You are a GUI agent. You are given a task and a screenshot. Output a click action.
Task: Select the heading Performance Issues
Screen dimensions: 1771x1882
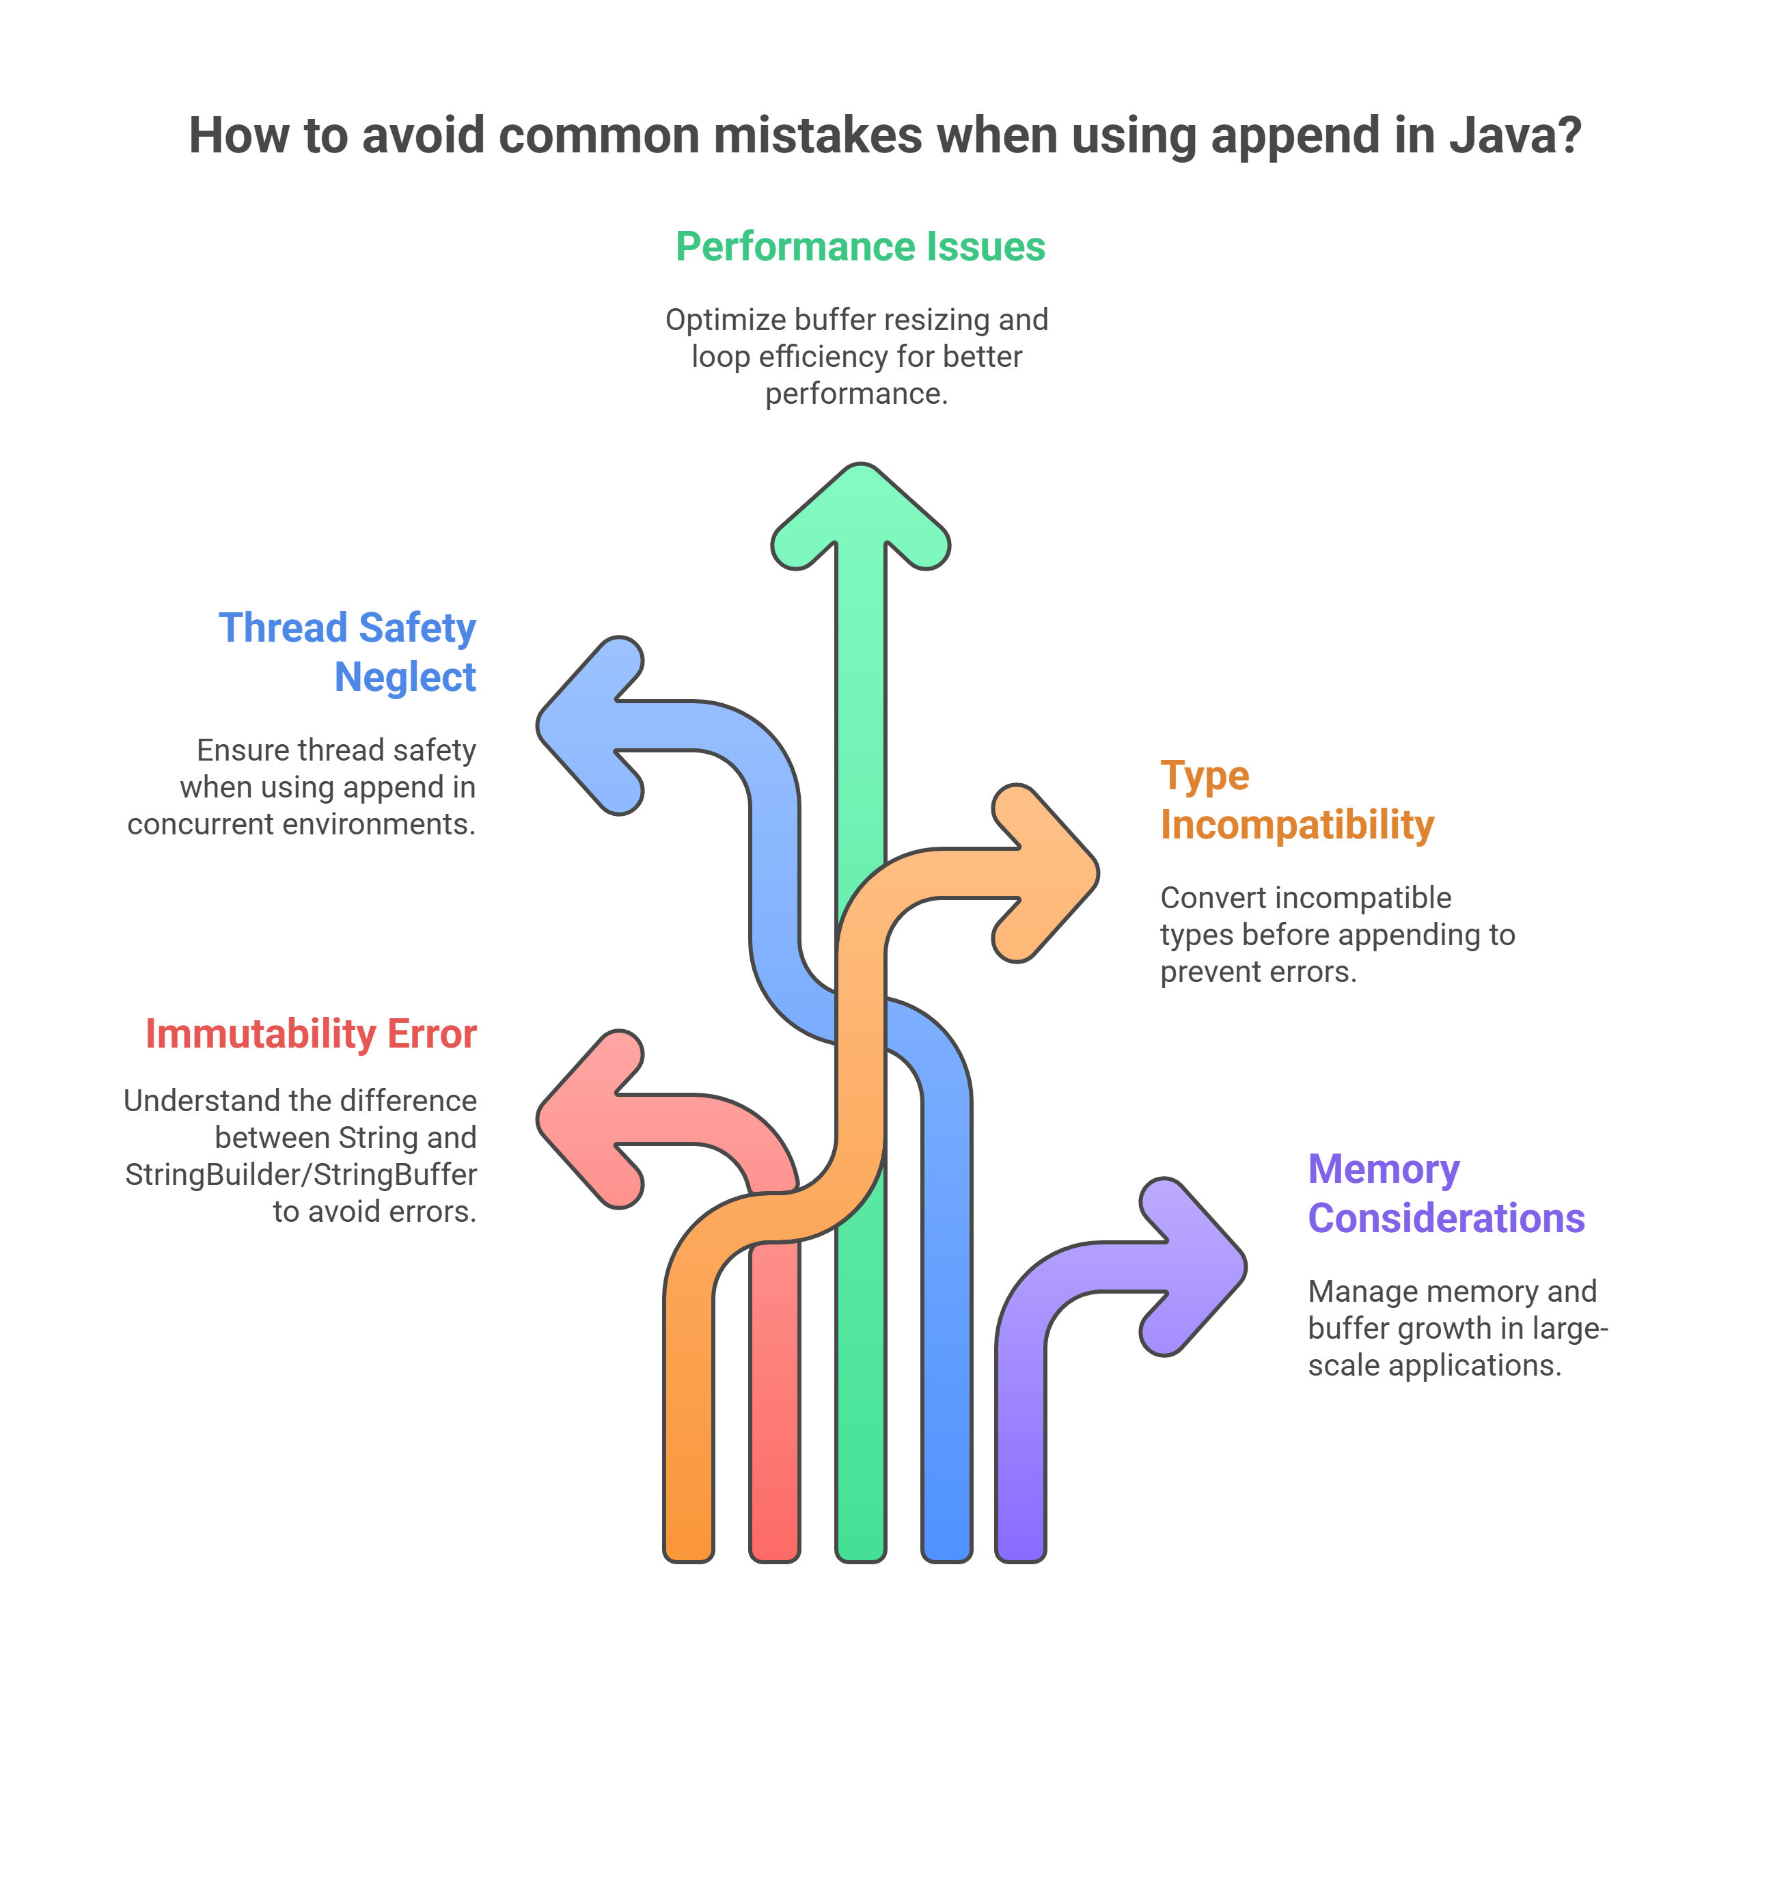pos(860,247)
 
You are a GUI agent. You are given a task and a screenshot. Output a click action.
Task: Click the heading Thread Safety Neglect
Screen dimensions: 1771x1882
pos(347,652)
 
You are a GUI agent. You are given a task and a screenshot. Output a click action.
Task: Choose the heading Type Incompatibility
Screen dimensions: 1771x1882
pos(1298,800)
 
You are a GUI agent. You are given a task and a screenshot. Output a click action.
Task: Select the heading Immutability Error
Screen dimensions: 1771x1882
pos(310,1034)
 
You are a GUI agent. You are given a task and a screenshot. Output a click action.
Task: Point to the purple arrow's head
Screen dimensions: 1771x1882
pos(1193,1267)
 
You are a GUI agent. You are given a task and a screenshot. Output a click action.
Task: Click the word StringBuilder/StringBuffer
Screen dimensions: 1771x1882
pos(301,1175)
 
